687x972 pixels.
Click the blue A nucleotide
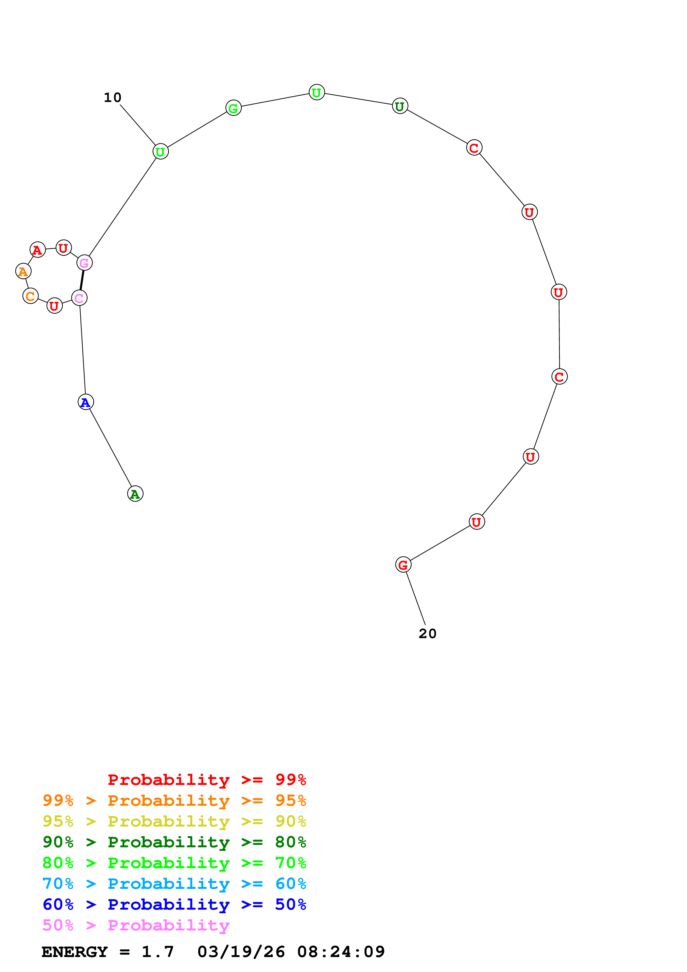86,402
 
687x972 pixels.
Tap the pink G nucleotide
84,263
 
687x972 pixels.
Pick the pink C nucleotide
79,298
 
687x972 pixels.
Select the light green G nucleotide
233,108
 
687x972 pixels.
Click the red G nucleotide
403,564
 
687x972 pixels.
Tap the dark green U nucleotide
400,106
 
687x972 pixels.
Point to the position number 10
113,98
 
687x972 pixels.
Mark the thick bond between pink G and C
82,280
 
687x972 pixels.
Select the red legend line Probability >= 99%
206,779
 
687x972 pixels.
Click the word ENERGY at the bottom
75,952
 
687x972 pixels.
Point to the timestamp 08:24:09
341,952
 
